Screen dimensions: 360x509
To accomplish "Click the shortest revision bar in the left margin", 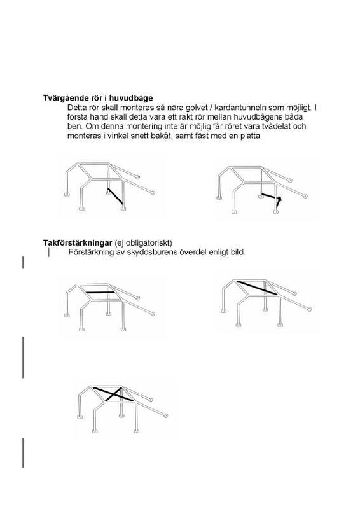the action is tap(24, 263).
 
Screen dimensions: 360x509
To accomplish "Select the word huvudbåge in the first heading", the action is tap(131, 99).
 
